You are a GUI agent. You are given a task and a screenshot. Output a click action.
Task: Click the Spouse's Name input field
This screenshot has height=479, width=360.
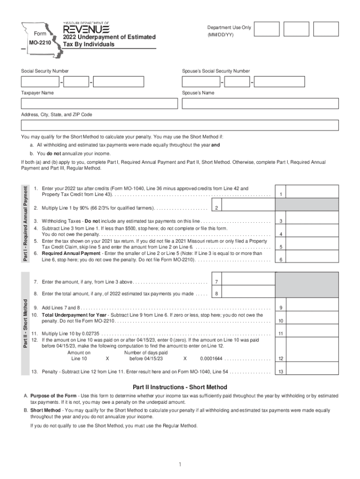[x=260, y=103]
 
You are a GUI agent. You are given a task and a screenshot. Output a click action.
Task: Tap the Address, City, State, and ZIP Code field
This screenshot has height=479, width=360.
[x=180, y=125]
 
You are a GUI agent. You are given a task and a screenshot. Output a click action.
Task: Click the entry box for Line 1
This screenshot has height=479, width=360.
[x=312, y=191]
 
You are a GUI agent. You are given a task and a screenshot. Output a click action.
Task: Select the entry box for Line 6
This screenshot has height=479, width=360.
[x=312, y=260]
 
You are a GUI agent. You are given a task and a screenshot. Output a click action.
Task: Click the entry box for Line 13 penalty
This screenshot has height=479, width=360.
[x=312, y=372]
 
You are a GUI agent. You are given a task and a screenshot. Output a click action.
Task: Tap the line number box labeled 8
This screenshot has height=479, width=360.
[x=216, y=294]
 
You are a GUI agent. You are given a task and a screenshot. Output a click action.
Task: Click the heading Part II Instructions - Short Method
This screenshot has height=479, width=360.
[x=180, y=387]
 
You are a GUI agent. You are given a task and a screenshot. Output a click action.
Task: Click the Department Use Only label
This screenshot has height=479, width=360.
[x=229, y=28]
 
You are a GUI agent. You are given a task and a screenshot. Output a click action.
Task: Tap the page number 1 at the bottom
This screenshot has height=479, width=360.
[x=180, y=464]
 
